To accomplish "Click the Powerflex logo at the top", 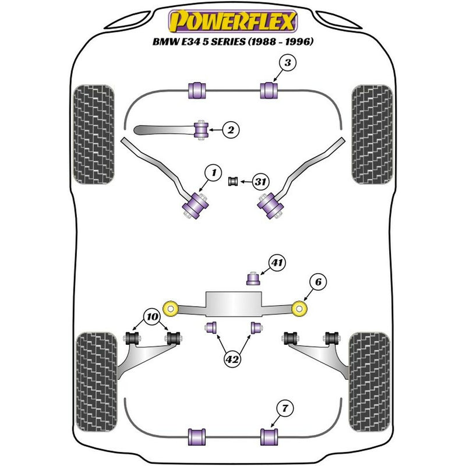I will pos(232,22).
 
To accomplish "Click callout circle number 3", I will pos(287,63).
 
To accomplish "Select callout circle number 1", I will pos(214,172).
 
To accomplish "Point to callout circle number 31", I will pos(260,182).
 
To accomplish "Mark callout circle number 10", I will pos(153,317).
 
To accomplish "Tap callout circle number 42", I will pos(232,359).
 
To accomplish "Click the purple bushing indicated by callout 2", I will pos(202,129).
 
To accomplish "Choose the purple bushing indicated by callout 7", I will pos(269,436).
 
